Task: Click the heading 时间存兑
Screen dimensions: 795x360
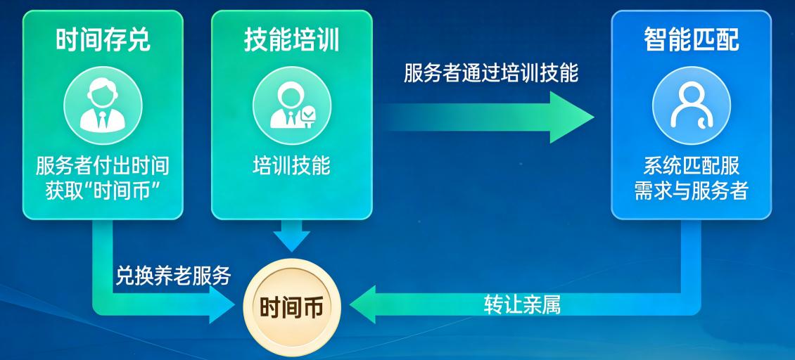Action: [103, 40]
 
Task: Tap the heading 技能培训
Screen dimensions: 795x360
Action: [291, 40]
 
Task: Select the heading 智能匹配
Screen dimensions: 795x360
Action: [691, 40]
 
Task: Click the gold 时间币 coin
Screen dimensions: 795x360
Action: [291, 307]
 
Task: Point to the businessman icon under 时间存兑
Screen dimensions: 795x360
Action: [103, 105]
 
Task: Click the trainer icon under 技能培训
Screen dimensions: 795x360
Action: [291, 105]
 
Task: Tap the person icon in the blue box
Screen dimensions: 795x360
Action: [691, 105]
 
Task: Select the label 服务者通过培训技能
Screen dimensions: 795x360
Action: [491, 74]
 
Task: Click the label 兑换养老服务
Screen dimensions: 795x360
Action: [173, 276]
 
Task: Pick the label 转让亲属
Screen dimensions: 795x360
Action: [522, 305]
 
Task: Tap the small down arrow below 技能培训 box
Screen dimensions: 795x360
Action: [291, 236]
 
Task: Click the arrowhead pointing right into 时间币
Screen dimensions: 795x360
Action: [222, 304]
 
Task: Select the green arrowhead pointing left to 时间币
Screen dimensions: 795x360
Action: [362, 304]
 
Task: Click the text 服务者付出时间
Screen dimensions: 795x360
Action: [103, 167]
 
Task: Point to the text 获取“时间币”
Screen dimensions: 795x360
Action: [103, 192]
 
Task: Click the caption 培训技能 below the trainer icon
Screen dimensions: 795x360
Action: [291, 167]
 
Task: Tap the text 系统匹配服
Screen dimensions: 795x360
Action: [691, 167]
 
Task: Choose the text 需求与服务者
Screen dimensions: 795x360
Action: [691, 192]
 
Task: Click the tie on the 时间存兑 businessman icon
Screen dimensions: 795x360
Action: [103, 121]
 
